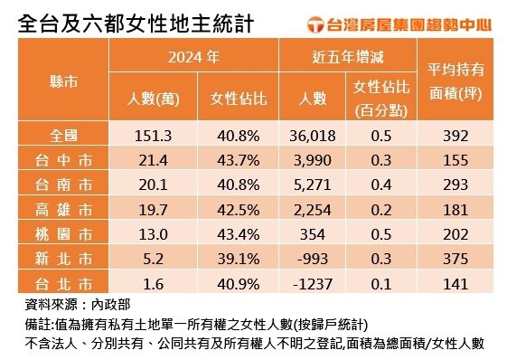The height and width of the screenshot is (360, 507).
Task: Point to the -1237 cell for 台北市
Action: pyautogui.click(x=315, y=284)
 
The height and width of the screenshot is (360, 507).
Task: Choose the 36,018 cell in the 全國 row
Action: pyautogui.click(x=315, y=137)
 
